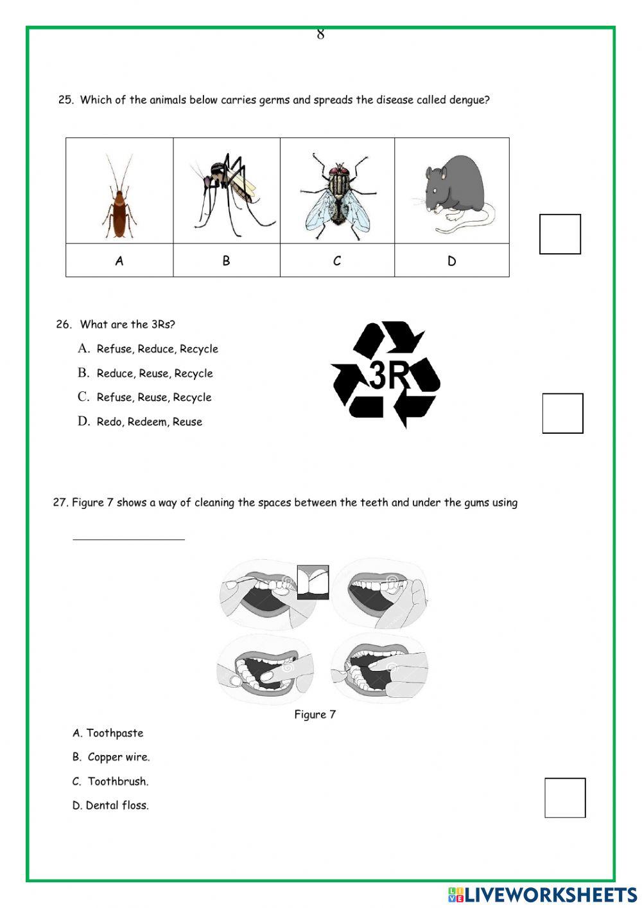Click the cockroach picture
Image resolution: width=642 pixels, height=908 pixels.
tap(119, 197)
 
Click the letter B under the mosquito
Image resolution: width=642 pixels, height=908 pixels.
tap(226, 261)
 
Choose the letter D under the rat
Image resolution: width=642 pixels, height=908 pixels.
tap(451, 261)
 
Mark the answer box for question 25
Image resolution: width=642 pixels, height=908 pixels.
tap(560, 234)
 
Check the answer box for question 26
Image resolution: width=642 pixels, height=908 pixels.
tap(562, 413)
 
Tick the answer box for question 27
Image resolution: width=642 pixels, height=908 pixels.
tap(565, 797)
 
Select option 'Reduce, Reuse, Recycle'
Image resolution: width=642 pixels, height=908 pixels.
tap(154, 373)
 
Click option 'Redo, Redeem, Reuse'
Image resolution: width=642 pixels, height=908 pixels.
tap(149, 422)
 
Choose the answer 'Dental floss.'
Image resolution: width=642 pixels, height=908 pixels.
tap(117, 805)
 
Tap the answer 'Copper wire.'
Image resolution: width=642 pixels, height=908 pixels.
tap(118, 757)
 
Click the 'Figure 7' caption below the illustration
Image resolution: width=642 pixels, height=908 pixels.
tap(315, 714)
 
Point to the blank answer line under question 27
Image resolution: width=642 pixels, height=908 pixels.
tap(128, 539)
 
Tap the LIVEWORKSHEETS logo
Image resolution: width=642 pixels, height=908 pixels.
tap(542, 894)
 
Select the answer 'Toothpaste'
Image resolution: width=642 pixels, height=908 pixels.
tap(114, 733)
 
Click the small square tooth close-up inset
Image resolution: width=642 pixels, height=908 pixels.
tap(313, 582)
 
